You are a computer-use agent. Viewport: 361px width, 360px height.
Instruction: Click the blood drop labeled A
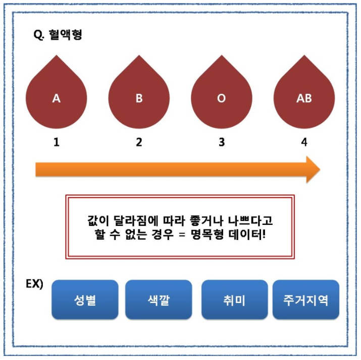pyautogui.click(x=56, y=96)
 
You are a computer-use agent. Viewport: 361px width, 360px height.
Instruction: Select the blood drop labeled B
pyautogui.click(x=139, y=96)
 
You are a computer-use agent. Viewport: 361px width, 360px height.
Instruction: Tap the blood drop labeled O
pyautogui.click(x=221, y=96)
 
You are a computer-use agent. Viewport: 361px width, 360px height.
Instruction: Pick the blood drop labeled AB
pyautogui.click(x=304, y=96)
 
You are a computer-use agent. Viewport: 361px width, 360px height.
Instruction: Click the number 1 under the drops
pyautogui.click(x=57, y=143)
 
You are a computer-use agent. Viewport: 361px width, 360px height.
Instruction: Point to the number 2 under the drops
pyautogui.click(x=139, y=143)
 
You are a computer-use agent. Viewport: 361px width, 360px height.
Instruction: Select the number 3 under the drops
pyautogui.click(x=221, y=143)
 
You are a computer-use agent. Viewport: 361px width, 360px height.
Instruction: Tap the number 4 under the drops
pyautogui.click(x=304, y=143)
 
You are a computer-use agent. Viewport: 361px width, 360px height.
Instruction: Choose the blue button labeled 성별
pyautogui.click(x=85, y=300)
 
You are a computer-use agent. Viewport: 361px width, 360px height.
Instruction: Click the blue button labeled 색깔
pyautogui.click(x=159, y=300)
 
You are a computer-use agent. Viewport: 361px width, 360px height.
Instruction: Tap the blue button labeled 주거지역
pyautogui.click(x=306, y=300)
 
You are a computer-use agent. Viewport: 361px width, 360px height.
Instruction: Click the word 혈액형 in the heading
pyautogui.click(x=66, y=35)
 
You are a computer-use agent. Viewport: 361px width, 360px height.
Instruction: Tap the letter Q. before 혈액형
pyautogui.click(x=39, y=36)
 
